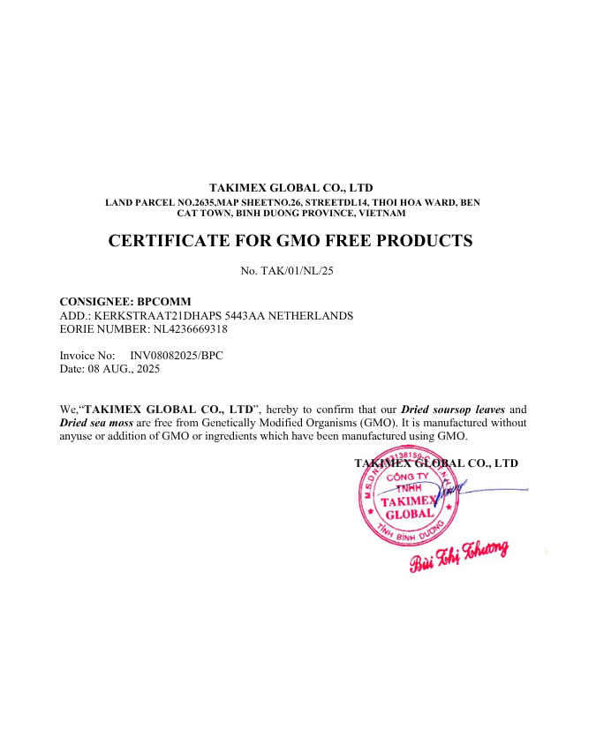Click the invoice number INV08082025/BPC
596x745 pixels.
[x=177, y=356]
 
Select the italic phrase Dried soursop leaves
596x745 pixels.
[x=453, y=410]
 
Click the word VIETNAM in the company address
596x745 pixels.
[x=381, y=213]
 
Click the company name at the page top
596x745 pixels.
[x=290, y=187]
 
